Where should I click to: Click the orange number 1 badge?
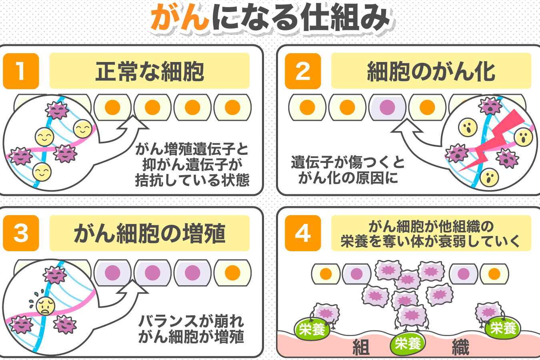[21, 71]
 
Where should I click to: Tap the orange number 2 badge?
[303, 71]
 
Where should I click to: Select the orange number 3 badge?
[21, 233]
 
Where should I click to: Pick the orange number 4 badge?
[303, 233]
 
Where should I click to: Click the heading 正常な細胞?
[150, 72]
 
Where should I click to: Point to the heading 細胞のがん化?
[431, 72]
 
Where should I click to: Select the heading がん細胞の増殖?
[150, 234]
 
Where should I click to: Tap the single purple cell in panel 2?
[387, 107]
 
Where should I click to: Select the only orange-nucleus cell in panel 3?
[232, 273]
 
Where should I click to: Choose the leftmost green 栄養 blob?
[312, 329]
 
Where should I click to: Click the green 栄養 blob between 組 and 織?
[408, 343]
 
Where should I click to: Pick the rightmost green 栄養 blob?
[503, 328]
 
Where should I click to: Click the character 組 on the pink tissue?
[361, 347]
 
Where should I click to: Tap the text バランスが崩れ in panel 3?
[191, 321]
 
